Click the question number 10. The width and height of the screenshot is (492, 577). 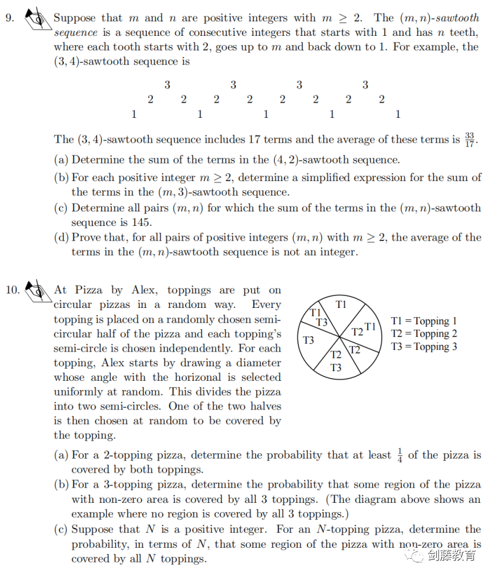tap(12, 290)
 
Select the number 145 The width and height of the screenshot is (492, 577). tap(142, 222)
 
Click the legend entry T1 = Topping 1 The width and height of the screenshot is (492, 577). tap(424, 321)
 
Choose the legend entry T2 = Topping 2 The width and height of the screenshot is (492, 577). tap(424, 333)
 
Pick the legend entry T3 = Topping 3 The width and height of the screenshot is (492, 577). tap(424, 346)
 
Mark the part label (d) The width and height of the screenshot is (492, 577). tap(62, 237)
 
